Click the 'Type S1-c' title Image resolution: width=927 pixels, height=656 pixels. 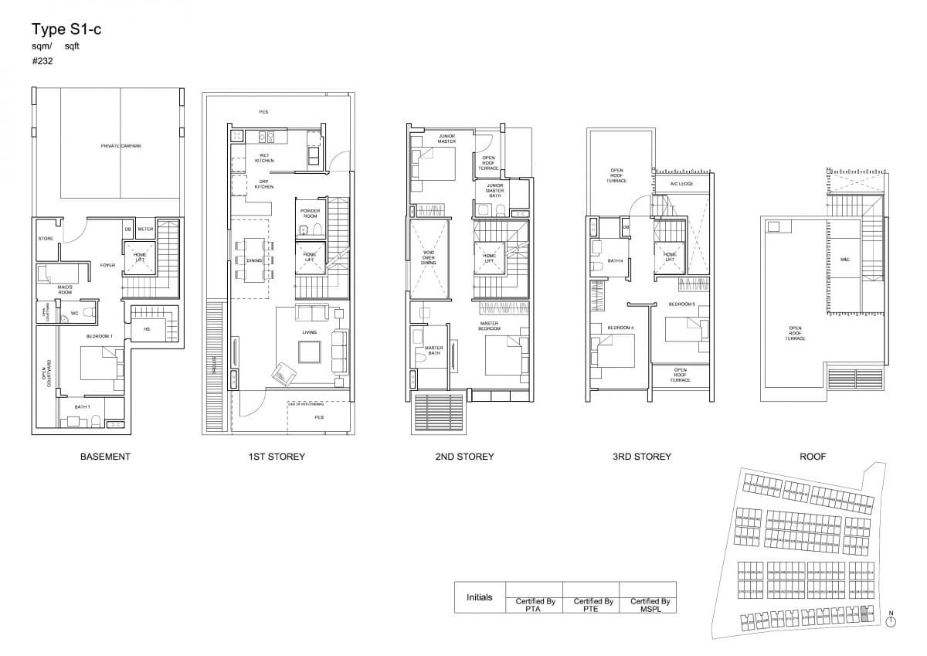(x=66, y=30)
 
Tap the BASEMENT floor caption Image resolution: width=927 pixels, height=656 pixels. (x=105, y=457)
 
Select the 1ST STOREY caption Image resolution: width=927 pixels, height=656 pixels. (x=277, y=457)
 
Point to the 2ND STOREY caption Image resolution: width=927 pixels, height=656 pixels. (x=464, y=457)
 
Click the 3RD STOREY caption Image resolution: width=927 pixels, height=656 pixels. (x=641, y=457)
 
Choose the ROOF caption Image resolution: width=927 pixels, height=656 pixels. (x=813, y=457)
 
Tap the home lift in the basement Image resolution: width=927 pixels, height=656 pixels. (x=141, y=257)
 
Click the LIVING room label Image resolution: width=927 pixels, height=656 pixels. (x=309, y=333)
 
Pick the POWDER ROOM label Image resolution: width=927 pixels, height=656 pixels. (x=310, y=213)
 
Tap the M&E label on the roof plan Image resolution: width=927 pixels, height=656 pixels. (x=844, y=260)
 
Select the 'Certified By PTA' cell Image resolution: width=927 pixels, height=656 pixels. (x=535, y=604)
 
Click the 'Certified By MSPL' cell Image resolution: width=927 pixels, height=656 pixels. (x=649, y=604)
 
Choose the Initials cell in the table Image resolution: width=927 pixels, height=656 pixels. (x=480, y=597)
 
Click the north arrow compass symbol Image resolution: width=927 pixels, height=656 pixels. (x=891, y=620)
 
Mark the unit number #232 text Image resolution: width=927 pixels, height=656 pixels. (x=42, y=60)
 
